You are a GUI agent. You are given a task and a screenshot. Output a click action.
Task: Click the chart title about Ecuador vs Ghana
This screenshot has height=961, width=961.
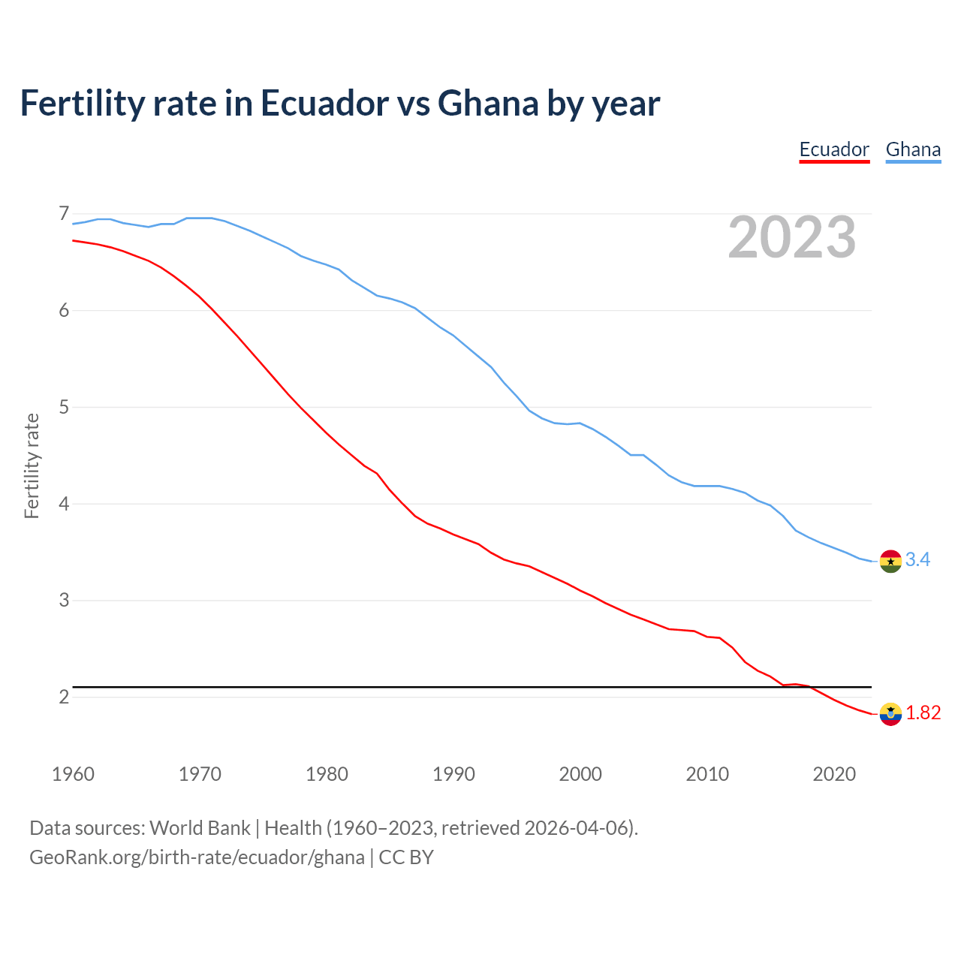click(x=339, y=103)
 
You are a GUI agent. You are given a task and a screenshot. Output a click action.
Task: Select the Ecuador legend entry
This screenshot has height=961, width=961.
click(x=834, y=149)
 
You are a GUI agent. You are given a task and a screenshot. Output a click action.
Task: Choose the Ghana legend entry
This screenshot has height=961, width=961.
click(x=913, y=149)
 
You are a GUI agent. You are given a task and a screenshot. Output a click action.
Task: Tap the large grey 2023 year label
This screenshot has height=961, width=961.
click(x=792, y=237)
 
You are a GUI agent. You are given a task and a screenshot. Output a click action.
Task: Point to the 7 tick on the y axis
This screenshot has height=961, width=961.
click(x=64, y=214)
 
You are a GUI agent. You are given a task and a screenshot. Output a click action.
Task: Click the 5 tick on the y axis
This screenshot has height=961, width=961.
click(x=64, y=407)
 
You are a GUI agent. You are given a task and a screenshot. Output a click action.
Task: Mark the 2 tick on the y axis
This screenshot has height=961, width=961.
click(x=64, y=697)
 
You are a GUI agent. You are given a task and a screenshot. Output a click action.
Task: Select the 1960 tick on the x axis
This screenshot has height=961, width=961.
click(x=73, y=774)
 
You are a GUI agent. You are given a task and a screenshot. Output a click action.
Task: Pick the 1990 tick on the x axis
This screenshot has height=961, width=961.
click(x=453, y=774)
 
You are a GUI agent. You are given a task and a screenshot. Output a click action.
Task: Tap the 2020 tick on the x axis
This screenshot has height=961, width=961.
click(x=834, y=774)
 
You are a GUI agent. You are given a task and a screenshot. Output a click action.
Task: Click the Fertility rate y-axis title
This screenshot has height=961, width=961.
click(x=32, y=465)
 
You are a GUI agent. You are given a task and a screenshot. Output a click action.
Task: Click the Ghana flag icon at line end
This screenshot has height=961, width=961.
click(x=890, y=561)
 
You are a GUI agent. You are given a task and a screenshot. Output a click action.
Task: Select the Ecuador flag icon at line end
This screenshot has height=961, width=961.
click(x=890, y=714)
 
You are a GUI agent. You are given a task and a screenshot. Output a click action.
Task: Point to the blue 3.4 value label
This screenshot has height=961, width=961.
click(x=917, y=559)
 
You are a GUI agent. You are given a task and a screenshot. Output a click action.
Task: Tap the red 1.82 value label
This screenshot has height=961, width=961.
click(x=923, y=712)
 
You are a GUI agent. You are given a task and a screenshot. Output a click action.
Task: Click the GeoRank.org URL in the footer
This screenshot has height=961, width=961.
click(x=197, y=857)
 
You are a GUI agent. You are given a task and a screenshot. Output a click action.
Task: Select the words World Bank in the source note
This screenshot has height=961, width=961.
click(x=200, y=827)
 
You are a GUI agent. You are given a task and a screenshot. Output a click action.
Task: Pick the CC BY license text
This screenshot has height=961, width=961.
click(x=406, y=857)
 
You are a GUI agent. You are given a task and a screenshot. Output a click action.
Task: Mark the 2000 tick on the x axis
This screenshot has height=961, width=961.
click(x=580, y=774)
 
